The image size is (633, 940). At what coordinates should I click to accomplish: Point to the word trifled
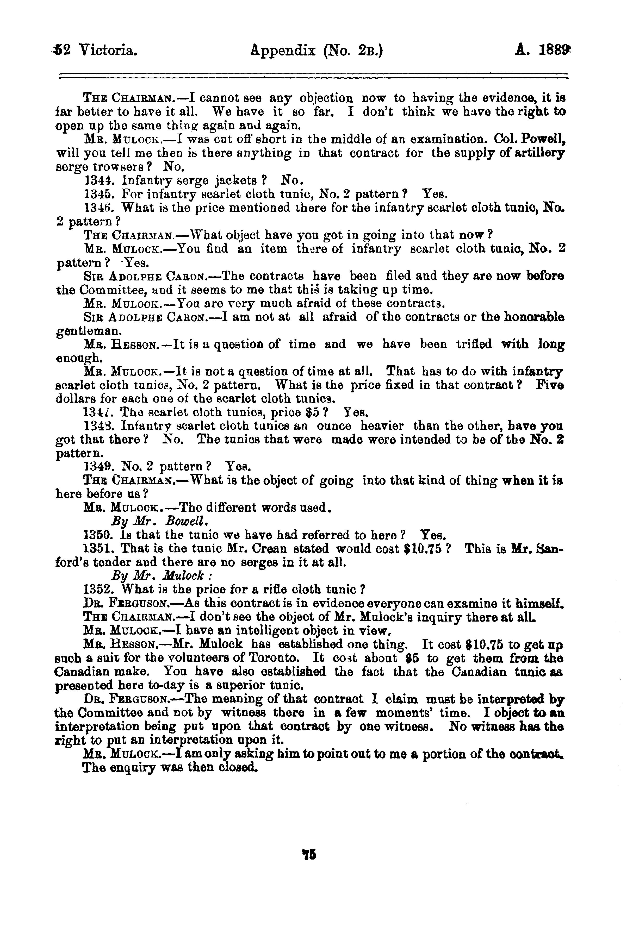click(474, 344)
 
